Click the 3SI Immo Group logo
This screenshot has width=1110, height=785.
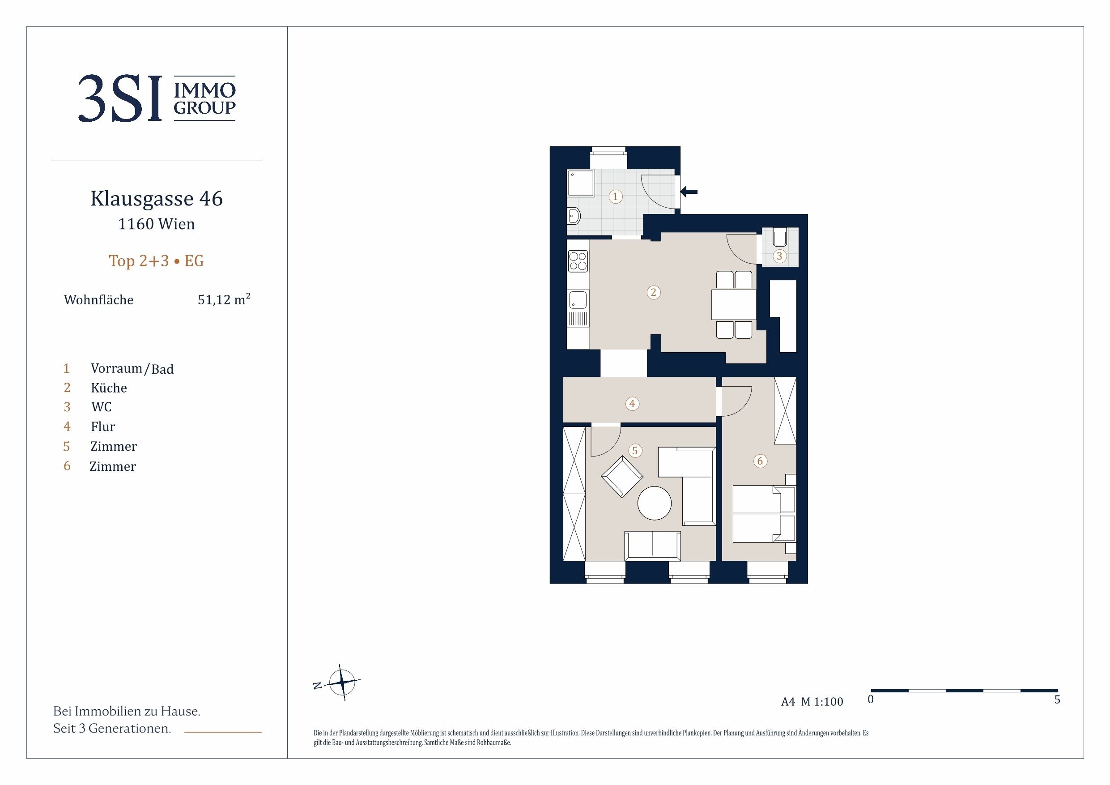(x=157, y=98)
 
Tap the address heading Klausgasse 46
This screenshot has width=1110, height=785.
(x=157, y=198)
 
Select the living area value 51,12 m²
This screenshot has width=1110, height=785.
(x=224, y=299)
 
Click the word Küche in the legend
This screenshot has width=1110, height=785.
(x=109, y=388)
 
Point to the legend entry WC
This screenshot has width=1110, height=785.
(x=102, y=407)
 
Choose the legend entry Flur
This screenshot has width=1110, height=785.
(x=103, y=427)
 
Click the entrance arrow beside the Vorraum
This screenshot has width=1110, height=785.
(x=689, y=192)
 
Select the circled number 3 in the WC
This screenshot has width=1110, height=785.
(x=779, y=256)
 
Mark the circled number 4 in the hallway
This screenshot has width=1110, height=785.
(x=632, y=403)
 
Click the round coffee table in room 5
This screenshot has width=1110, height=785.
(x=654, y=503)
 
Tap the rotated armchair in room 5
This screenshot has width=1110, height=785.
(x=622, y=477)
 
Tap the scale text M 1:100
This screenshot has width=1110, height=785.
(x=822, y=702)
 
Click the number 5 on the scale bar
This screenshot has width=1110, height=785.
(x=1057, y=700)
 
